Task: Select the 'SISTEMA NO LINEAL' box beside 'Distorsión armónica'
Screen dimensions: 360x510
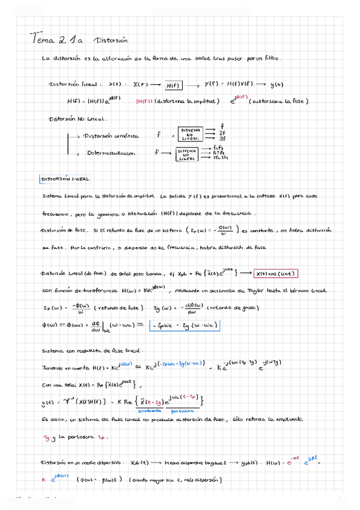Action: click(191, 134)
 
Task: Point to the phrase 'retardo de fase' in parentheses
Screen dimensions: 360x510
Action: click(123, 308)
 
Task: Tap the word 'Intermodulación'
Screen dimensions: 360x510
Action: click(111, 153)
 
